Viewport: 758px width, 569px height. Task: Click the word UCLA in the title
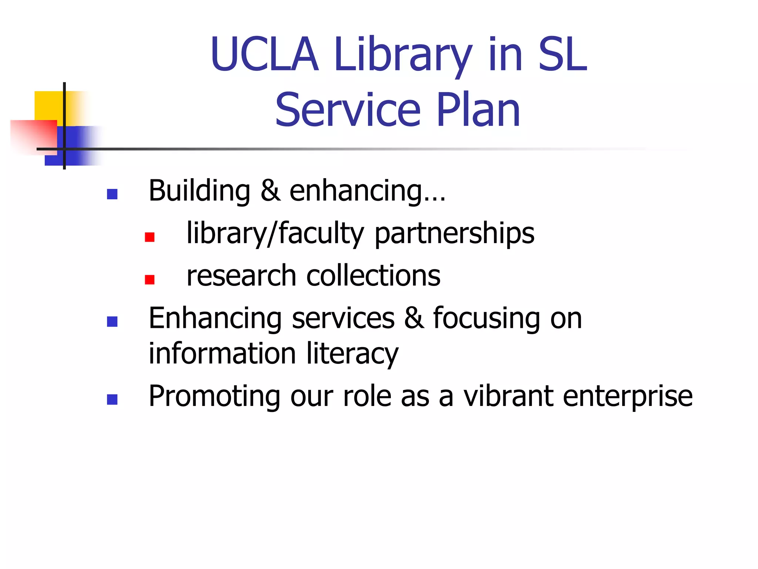click(264, 54)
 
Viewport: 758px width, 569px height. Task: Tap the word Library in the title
click(402, 56)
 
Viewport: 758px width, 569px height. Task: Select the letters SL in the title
click(563, 54)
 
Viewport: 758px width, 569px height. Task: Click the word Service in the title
click(348, 110)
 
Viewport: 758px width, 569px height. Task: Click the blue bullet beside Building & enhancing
click(112, 194)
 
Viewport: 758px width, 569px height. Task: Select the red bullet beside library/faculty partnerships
click(150, 237)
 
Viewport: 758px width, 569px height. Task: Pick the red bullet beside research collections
click(150, 279)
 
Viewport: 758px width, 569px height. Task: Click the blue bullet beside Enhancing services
click(112, 322)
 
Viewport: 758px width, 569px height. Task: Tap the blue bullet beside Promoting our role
click(112, 399)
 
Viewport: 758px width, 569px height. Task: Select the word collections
click(373, 276)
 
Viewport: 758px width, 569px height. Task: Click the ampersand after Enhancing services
click(414, 318)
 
